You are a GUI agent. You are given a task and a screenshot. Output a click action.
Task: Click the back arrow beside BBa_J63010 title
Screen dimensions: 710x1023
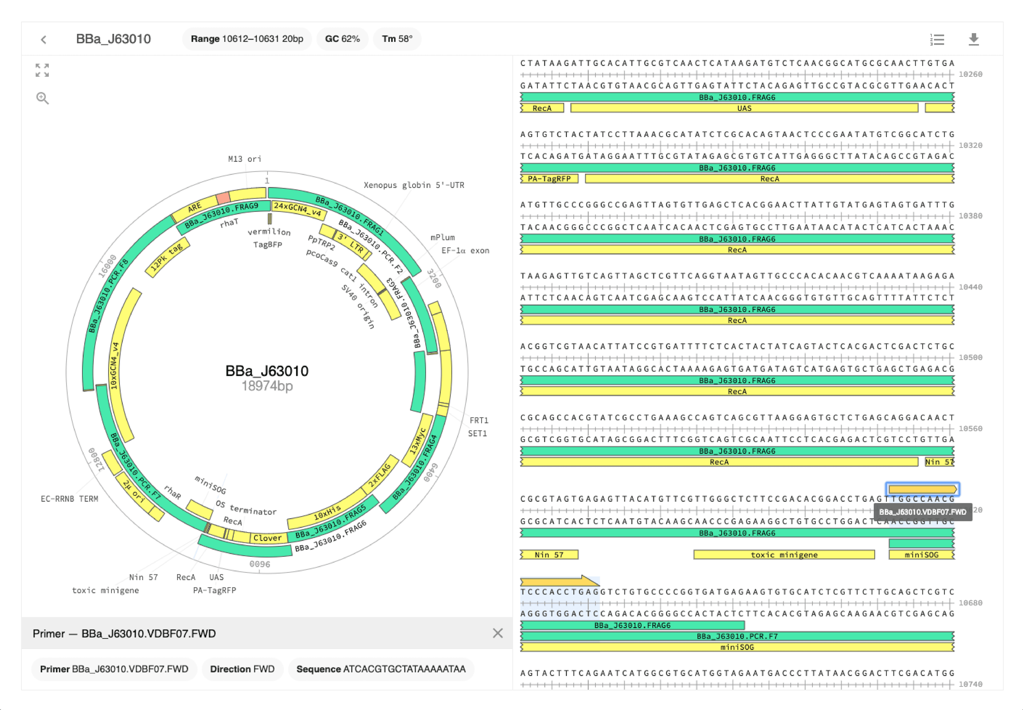tap(43, 40)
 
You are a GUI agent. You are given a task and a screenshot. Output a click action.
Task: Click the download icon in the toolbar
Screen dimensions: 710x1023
tap(973, 40)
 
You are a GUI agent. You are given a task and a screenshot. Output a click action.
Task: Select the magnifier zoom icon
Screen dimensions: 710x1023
tap(42, 98)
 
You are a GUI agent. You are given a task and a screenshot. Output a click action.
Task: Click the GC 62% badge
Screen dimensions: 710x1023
tap(342, 39)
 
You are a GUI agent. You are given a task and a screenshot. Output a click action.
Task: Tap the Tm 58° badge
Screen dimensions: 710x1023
tap(397, 39)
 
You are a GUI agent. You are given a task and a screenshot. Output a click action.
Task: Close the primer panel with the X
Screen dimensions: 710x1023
tap(498, 633)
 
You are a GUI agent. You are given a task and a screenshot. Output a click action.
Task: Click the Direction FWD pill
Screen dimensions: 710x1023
tap(242, 669)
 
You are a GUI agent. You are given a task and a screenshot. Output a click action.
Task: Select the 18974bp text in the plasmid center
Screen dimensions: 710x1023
tap(267, 386)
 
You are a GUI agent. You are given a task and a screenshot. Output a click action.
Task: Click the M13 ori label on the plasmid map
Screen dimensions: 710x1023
tap(244, 159)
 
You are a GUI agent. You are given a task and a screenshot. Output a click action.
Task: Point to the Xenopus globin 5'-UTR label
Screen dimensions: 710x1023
tap(414, 185)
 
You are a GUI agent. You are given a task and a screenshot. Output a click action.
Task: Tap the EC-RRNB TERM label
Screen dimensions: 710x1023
tap(69, 499)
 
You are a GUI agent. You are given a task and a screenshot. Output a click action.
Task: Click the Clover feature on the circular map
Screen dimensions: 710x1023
tap(267, 538)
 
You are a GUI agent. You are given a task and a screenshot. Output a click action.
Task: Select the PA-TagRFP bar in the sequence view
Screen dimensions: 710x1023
tap(549, 179)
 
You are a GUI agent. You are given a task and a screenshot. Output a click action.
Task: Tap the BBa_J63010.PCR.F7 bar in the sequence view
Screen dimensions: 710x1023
tap(737, 636)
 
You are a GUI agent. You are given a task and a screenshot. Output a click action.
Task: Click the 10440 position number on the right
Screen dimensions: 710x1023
tap(970, 287)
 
